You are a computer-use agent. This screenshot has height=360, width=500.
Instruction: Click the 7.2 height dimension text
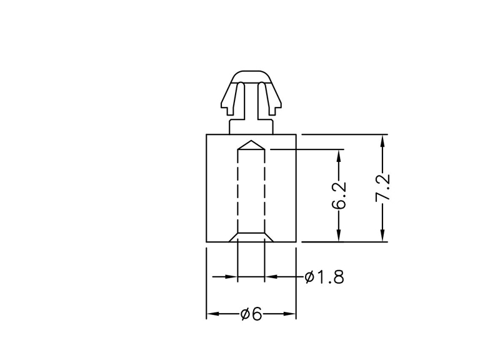click(x=383, y=187)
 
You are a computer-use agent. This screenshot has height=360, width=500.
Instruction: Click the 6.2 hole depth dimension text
click(x=339, y=196)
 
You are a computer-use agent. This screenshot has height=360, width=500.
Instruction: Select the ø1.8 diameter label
click(x=324, y=277)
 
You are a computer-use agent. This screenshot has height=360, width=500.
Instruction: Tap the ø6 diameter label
click(x=251, y=314)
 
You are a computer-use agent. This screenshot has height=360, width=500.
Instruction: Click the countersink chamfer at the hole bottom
click(x=251, y=237)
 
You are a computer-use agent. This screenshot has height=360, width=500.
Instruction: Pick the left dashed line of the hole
click(x=238, y=191)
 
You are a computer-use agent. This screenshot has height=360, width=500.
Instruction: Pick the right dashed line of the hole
click(x=264, y=191)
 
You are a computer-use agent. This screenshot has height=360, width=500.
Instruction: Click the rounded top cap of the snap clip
click(x=251, y=77)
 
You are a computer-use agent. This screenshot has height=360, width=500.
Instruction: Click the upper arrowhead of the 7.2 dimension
click(x=383, y=141)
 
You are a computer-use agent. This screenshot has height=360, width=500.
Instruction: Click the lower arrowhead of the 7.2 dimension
click(x=383, y=236)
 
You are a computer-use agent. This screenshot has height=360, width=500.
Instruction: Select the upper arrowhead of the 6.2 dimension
click(x=339, y=155)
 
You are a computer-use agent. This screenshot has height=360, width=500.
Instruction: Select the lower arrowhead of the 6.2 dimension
click(x=339, y=236)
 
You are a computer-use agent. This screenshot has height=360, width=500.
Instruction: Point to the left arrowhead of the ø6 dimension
click(x=213, y=314)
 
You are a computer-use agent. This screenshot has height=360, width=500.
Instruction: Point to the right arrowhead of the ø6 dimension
click(x=289, y=314)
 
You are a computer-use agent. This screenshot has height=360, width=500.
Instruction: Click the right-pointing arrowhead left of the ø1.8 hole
click(x=231, y=277)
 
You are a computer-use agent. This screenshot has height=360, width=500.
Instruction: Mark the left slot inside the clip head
click(x=241, y=98)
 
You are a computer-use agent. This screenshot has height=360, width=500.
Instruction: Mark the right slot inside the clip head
click(x=261, y=98)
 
